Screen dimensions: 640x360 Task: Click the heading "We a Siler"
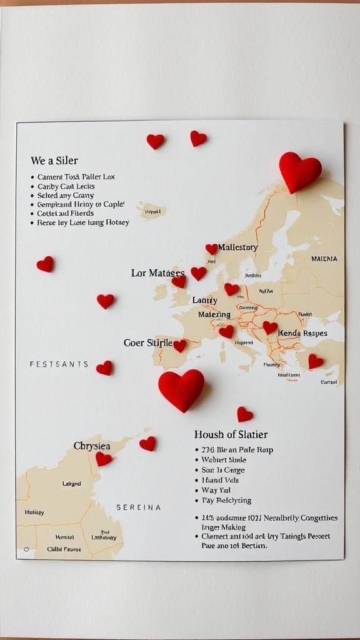pyautogui.click(x=54, y=161)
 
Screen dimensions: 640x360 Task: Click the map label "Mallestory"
pyautogui.click(x=237, y=247)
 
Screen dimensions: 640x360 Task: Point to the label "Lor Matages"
pyautogui.click(x=157, y=273)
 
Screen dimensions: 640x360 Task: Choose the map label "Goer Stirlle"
pyautogui.click(x=147, y=343)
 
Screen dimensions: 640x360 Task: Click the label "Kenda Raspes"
pyautogui.click(x=302, y=333)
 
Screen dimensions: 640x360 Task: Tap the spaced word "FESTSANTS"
pyautogui.click(x=59, y=364)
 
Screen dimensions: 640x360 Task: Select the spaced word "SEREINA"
pyautogui.click(x=139, y=507)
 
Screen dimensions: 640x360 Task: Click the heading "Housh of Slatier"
pyautogui.click(x=231, y=434)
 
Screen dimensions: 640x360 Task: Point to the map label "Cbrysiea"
pyautogui.click(x=92, y=446)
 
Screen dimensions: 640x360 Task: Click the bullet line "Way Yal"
pyautogui.click(x=216, y=490)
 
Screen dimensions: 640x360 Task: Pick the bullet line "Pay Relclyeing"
pyautogui.click(x=226, y=500)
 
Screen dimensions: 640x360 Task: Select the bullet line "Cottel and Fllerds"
pyautogui.click(x=66, y=213)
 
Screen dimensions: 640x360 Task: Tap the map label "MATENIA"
pyautogui.click(x=324, y=259)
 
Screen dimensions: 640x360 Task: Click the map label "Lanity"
pyautogui.click(x=204, y=301)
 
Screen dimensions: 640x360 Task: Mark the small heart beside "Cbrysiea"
pyautogui.click(x=103, y=459)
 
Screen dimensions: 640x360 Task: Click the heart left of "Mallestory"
pyautogui.click(x=211, y=249)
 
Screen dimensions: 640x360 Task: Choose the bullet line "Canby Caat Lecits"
pyautogui.click(x=66, y=186)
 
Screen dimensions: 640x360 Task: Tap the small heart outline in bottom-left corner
pyautogui.click(x=26, y=550)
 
